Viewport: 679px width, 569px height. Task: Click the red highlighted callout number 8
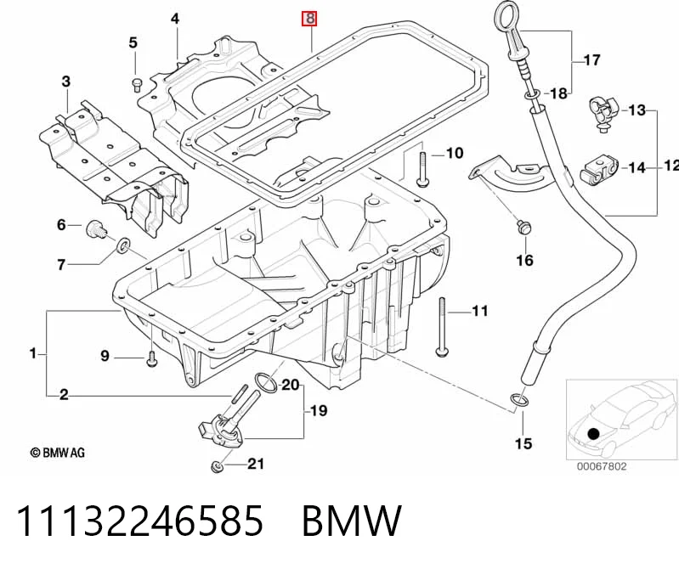[309, 19]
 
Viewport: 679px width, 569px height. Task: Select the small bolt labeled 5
[135, 84]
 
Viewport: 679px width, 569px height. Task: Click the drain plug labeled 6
[96, 229]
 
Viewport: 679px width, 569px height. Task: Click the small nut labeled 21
[217, 467]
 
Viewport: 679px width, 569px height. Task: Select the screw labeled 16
[523, 228]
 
